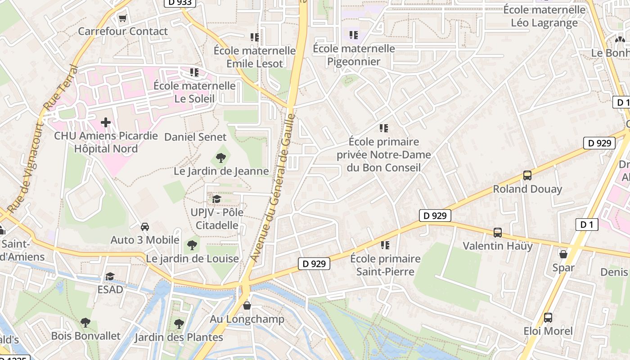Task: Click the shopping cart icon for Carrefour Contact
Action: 122,18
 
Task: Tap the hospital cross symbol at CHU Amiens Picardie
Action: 106,122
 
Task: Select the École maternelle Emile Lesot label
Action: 255,57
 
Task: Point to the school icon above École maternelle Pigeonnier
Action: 354,35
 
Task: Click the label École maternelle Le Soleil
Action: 194,92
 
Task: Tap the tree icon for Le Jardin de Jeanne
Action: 220,157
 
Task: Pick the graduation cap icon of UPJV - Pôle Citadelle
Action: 216,199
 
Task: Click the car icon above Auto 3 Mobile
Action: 145,226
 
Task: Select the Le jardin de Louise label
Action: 192,259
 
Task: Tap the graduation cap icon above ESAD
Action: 110,276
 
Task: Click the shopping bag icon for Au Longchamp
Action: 247,306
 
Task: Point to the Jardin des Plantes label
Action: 179,337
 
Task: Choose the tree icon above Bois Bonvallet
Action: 85,322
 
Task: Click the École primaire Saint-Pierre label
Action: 385,265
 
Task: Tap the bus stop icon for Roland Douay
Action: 527,175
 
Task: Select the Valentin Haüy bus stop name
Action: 498,246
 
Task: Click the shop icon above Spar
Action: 563,254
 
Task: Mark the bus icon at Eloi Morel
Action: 548,318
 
